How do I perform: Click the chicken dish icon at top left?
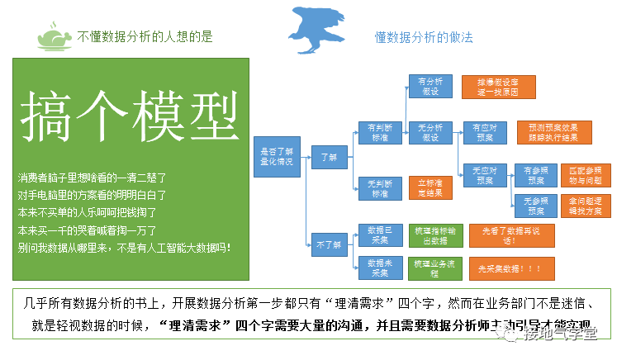55,36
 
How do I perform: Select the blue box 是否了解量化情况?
277,156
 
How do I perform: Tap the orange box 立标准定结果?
430,188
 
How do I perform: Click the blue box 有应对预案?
484,133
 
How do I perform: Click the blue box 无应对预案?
484,174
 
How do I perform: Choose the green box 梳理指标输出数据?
430,235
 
